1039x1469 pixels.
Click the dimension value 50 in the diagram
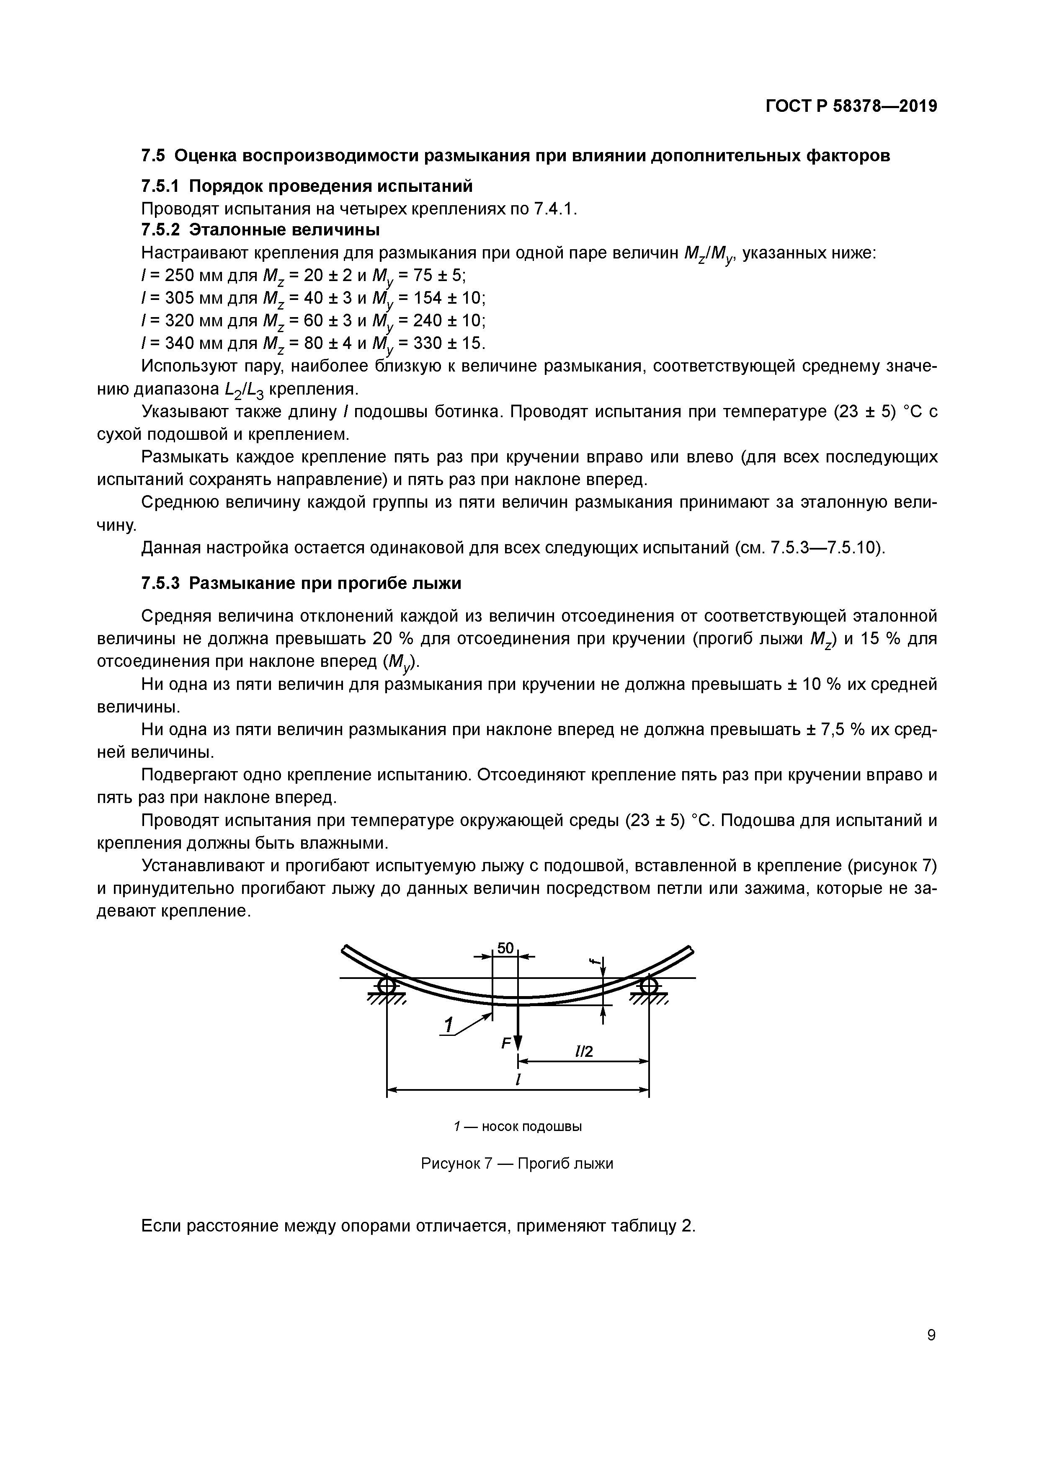(505, 948)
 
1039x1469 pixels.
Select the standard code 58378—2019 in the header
(885, 106)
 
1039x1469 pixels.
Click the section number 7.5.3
(160, 583)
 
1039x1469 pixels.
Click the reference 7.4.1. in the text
(555, 209)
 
